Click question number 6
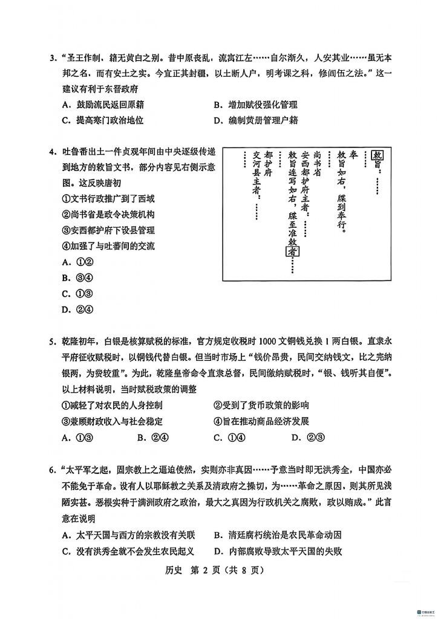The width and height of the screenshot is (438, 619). pyautogui.click(x=53, y=470)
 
